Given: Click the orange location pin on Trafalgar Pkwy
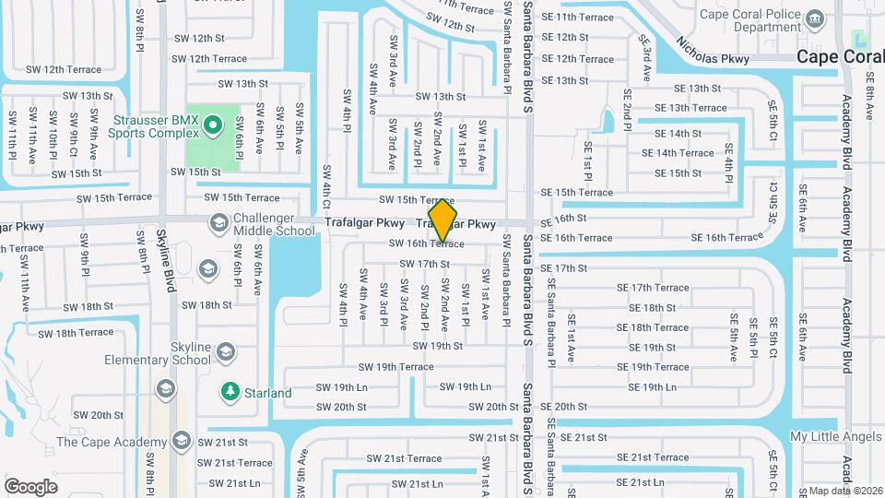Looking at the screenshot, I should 443,219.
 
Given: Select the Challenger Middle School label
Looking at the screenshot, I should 275,223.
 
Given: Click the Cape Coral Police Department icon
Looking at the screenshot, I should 814,18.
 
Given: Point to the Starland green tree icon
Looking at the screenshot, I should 230,392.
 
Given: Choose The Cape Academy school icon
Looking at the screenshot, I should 182,441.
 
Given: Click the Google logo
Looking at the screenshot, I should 31,486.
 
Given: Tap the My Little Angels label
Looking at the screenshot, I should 836,436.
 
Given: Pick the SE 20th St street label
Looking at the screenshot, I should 564,407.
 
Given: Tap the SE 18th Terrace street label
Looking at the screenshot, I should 653,327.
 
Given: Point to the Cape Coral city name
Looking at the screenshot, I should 840,56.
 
